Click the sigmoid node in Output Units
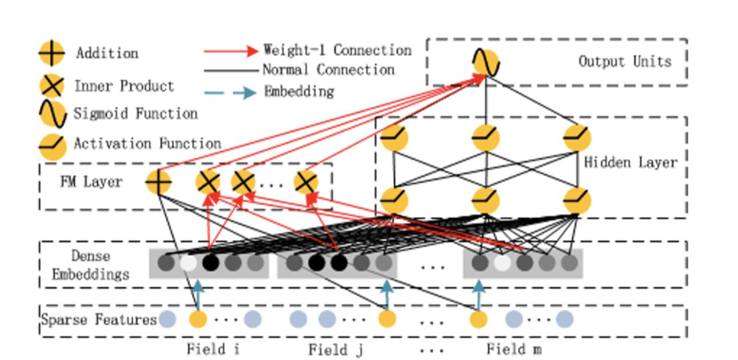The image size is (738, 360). [x=486, y=63]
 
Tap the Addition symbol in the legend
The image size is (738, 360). [x=51, y=54]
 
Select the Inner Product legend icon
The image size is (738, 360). [x=51, y=87]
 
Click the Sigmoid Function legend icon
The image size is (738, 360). [x=51, y=114]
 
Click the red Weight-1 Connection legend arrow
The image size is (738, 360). [x=231, y=51]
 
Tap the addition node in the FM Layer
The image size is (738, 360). [x=159, y=182]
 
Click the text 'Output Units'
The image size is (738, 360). [x=625, y=62]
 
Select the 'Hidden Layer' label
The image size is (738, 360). [x=631, y=163]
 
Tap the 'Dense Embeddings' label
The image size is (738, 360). [x=91, y=265]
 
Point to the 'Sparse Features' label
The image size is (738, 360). [x=99, y=320]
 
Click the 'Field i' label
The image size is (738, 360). [x=212, y=349]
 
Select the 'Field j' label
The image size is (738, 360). [x=335, y=349]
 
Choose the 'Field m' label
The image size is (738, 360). [x=513, y=349]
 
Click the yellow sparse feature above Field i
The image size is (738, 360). [x=198, y=319]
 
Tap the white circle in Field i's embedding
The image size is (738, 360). [x=188, y=263]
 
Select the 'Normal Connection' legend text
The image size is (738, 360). [x=328, y=70]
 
